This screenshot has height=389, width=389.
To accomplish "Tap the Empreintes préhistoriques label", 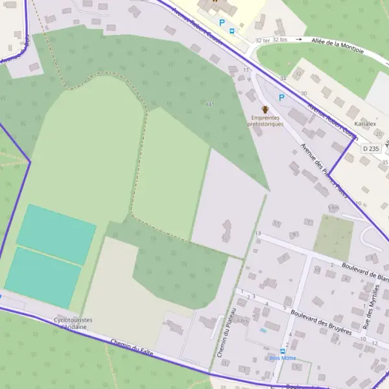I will pos(265,121).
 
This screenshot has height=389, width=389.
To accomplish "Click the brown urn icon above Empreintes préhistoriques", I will pos(265,109).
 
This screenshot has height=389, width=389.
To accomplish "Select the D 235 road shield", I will pos(371,148).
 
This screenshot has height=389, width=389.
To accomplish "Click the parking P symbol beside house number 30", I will pos(281,97).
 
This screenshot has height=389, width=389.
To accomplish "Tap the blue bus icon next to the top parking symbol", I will pos(232,30).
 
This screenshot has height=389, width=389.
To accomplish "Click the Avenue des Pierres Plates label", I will pos(324,171).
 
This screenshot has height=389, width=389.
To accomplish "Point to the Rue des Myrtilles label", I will pos(374,317).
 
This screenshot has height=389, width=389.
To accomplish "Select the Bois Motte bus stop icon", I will pos(283,351).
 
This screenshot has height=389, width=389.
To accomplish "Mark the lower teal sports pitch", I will pos(43,277).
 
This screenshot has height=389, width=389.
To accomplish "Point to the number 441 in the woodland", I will pos(209,104).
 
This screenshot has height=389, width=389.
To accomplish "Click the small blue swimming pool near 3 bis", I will pos(263,330).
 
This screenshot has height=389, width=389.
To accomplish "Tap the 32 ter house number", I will pos(263,40).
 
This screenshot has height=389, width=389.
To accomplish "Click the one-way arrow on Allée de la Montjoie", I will pos(299,40).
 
